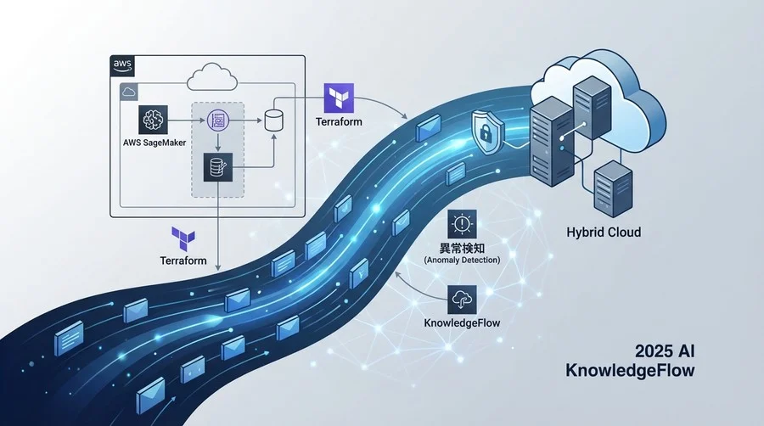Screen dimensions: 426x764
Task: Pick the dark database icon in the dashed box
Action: pos(216,166)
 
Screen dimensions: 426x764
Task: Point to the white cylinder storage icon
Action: pos(273,119)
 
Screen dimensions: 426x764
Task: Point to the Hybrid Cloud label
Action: pos(604,232)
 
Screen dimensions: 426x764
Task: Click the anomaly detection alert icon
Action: pos(462,225)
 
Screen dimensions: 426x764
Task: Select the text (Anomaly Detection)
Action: pos(462,259)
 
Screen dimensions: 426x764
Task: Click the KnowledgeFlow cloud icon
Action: pos(462,300)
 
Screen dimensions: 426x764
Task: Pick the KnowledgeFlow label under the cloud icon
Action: pos(462,323)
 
